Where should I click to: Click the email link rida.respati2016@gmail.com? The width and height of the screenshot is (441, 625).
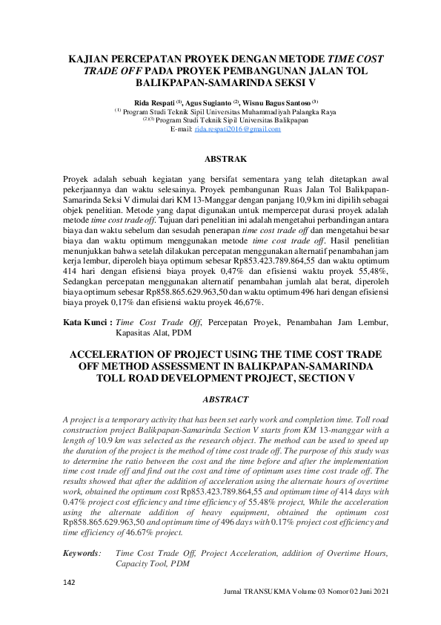[x=237, y=129]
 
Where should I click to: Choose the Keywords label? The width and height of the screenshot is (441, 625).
[x=82, y=553]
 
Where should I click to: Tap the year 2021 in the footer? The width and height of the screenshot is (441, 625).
[x=377, y=592]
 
